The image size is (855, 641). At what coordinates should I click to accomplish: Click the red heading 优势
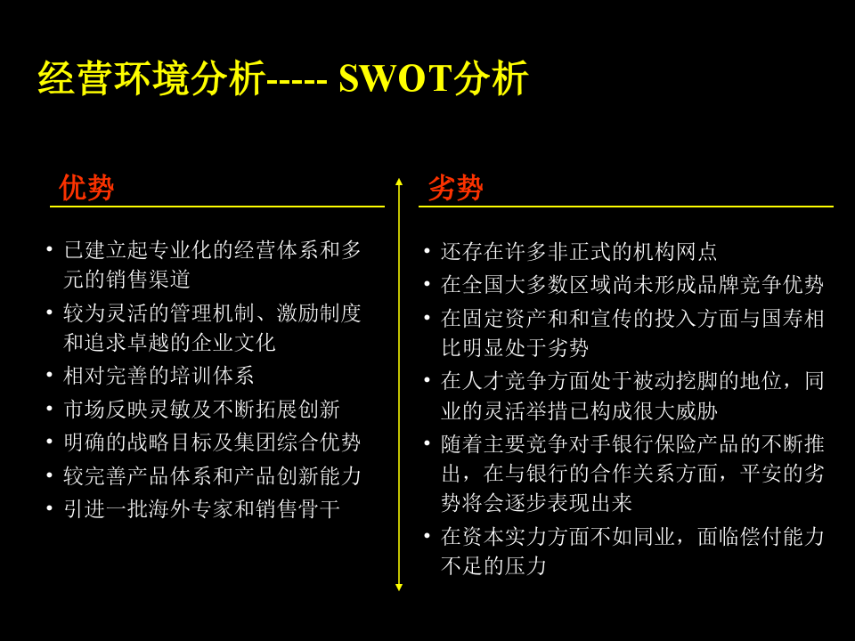(86, 188)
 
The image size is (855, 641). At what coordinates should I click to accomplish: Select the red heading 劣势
(455, 188)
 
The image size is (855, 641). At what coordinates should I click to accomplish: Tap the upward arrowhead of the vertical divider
(399, 182)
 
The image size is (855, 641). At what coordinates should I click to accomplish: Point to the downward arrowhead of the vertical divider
(399, 587)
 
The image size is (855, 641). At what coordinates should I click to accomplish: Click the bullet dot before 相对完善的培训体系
(50, 376)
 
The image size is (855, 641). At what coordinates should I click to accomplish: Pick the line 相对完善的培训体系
(159, 376)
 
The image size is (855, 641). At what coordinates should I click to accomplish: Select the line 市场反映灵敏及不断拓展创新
(202, 409)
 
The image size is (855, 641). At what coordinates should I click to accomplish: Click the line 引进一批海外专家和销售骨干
(202, 509)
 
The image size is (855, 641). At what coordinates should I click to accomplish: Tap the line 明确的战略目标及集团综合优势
(212, 442)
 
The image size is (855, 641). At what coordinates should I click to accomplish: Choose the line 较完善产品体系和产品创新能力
(212, 475)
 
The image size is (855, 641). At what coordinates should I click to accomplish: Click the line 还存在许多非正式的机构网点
(579, 251)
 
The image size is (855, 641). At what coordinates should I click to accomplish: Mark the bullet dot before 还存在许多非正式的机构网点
(427, 251)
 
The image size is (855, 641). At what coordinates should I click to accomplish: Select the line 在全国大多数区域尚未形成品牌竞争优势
(632, 284)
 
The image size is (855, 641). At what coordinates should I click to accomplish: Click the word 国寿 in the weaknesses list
(782, 319)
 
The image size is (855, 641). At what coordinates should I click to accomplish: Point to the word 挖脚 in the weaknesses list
(696, 380)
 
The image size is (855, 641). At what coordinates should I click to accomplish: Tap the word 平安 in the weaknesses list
(761, 473)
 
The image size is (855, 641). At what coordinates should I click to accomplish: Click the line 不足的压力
(494, 566)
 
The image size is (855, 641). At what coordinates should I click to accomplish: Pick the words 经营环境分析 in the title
(151, 78)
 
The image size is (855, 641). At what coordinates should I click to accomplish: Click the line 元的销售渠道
(126, 279)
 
